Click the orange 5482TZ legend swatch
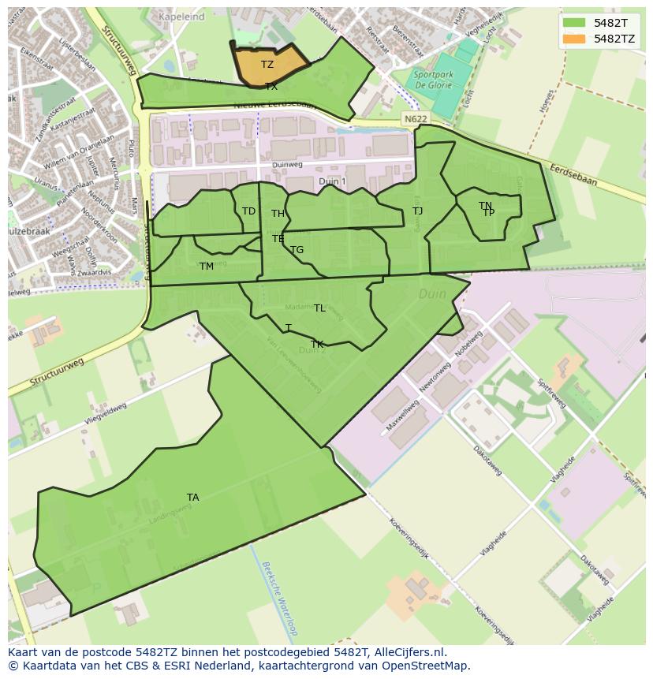tap(574, 39)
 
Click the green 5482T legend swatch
tap(574, 23)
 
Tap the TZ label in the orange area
tap(267, 65)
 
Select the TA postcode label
tap(193, 497)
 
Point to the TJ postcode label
tap(418, 211)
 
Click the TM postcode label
tap(207, 267)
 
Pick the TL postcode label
tap(319, 308)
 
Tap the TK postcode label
tap(317, 345)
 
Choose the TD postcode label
tap(248, 211)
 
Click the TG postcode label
tap(297, 250)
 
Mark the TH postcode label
tap(278, 214)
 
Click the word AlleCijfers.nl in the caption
tap(409, 652)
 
